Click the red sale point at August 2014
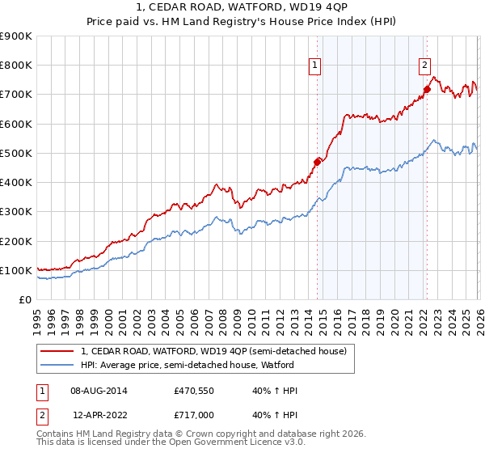(x=317, y=162)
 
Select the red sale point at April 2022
(x=427, y=89)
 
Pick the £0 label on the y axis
(x=23, y=300)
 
